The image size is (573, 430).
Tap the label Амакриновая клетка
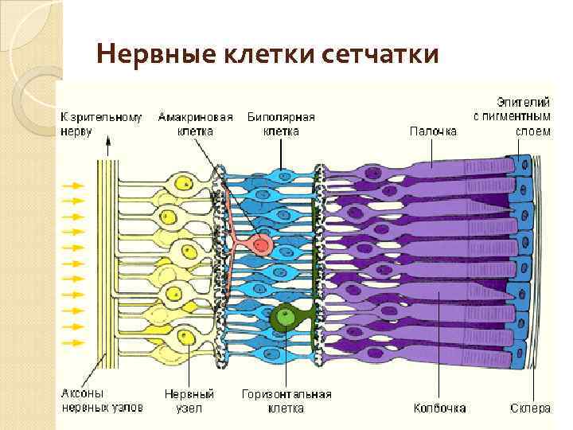point(195,124)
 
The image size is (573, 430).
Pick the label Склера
point(530,408)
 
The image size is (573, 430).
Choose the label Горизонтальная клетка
point(286,401)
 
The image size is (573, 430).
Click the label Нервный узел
point(189,401)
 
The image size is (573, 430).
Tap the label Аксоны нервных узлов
point(102,401)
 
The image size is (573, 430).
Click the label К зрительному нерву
point(101,124)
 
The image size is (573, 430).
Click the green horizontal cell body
point(282,319)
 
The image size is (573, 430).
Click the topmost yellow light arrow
point(74,186)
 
